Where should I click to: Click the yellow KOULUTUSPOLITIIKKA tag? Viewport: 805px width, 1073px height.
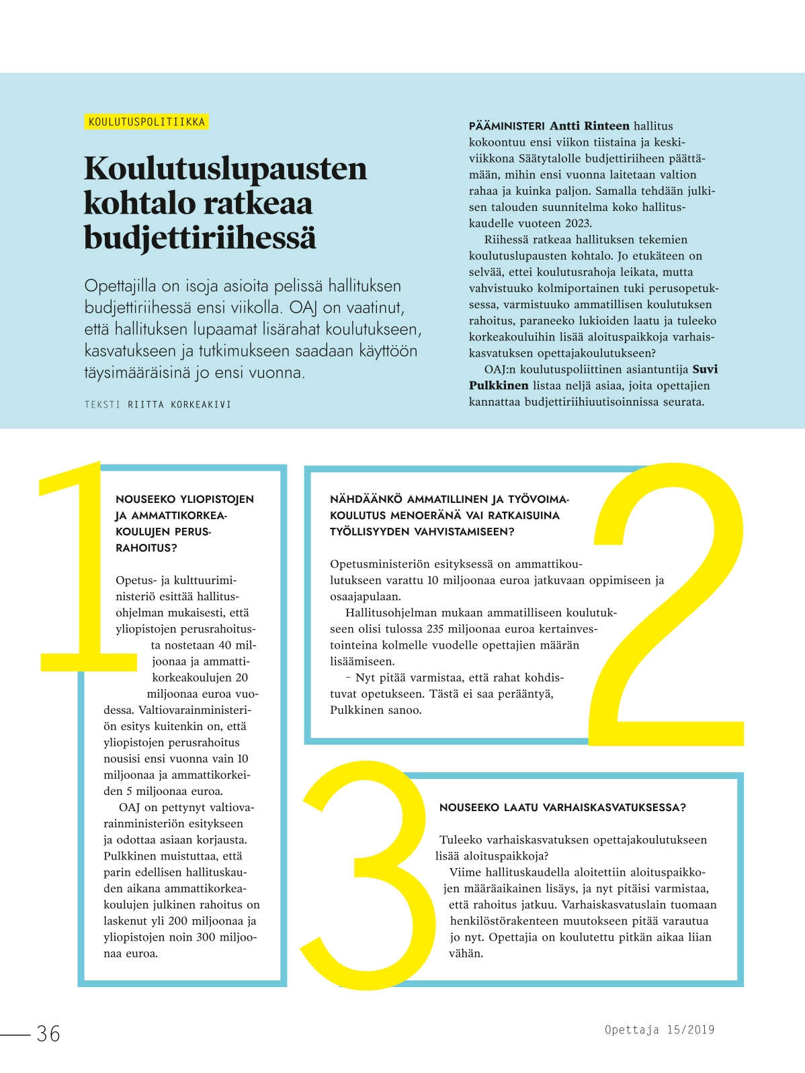click(x=146, y=122)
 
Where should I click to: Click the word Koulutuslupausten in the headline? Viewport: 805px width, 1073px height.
click(x=225, y=168)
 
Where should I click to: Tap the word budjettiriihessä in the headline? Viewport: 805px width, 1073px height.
click(x=200, y=238)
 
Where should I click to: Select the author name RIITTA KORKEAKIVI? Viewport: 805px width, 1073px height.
click(x=179, y=404)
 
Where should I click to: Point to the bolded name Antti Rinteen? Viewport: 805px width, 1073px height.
click(x=589, y=126)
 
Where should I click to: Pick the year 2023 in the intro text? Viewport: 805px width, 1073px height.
click(x=577, y=224)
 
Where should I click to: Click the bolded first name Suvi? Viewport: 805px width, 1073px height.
click(x=705, y=369)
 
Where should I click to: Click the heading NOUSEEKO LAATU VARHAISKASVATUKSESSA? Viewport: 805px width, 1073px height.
click(x=562, y=808)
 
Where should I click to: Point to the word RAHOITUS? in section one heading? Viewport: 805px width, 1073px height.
click(x=146, y=548)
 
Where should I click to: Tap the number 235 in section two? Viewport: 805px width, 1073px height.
click(x=435, y=629)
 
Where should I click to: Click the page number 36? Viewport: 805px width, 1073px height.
click(x=48, y=1033)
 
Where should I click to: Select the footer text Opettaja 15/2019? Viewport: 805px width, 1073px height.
click(x=659, y=1030)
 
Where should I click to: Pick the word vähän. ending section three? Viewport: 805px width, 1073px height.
click(x=466, y=953)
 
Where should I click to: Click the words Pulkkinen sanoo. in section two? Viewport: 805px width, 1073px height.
click(x=376, y=710)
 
